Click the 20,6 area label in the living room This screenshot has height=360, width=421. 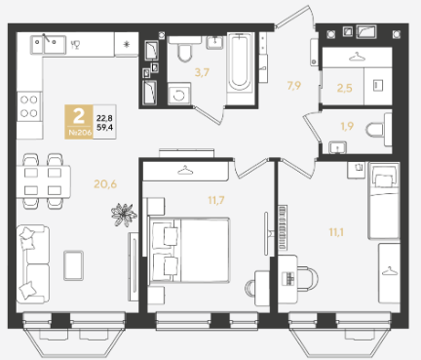coord(105,184)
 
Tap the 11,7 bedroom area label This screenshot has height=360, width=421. coord(216,200)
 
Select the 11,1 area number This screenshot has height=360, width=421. coord(336,232)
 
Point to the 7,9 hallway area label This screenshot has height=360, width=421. coord(293,86)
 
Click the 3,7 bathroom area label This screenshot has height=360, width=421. coord(202,72)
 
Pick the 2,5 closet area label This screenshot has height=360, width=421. coord(345,88)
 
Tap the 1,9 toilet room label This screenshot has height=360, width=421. coord(347,126)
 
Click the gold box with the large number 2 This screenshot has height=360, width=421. coord(79,122)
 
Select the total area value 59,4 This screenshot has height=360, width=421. coord(104,127)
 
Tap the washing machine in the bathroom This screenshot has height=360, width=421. coord(179,94)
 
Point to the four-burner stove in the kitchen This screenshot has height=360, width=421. coord(29,106)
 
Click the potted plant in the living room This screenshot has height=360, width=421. coord(124,215)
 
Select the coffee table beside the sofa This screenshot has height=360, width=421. coord(73,265)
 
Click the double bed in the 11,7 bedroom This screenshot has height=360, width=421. coord(189,250)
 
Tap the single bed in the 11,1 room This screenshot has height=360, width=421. coord(383,201)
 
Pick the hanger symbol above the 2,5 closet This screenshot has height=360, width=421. coord(357,58)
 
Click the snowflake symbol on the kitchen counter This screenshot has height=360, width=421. coord(127,45)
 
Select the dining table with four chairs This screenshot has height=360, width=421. coord(44,181)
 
